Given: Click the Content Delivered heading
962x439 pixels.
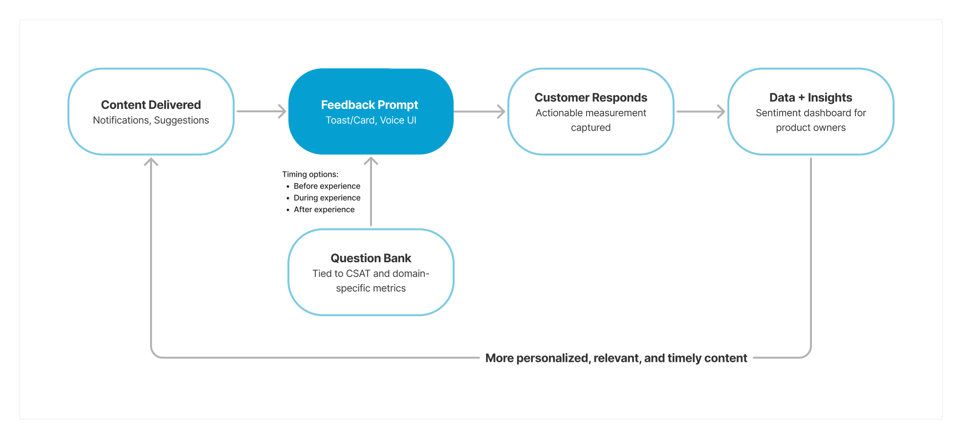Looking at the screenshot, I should tap(151, 105).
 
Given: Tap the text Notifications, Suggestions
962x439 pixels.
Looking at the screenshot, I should tap(151, 121).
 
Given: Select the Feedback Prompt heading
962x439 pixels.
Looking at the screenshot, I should tap(370, 105).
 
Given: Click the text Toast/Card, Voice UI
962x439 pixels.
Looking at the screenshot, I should tap(371, 121).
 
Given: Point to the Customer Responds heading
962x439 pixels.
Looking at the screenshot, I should tap(590, 98).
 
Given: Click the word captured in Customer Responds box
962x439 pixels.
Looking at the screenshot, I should tap(590, 128).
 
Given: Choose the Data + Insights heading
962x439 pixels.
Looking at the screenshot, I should tap(810, 98).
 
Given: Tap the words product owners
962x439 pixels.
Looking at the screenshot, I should tap(810, 128).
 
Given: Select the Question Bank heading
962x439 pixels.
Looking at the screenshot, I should tap(371, 258).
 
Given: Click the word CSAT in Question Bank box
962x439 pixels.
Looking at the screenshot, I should tap(358, 274).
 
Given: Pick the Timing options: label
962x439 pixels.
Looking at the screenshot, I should tap(310, 174).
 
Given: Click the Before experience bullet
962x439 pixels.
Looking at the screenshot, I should tap(327, 186).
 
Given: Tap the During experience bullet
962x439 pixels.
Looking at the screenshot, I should tap(327, 198).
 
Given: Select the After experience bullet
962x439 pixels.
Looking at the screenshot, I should tap(324, 209).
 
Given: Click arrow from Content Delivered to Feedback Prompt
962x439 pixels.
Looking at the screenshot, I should tap(261, 111).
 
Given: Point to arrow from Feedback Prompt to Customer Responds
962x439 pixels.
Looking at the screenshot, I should tap(479, 111).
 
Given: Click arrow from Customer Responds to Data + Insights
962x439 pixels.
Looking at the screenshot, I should tap(700, 111).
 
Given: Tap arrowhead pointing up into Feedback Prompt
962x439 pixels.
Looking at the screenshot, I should tap(371, 161).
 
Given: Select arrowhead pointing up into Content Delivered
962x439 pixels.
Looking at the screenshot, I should tap(151, 162).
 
